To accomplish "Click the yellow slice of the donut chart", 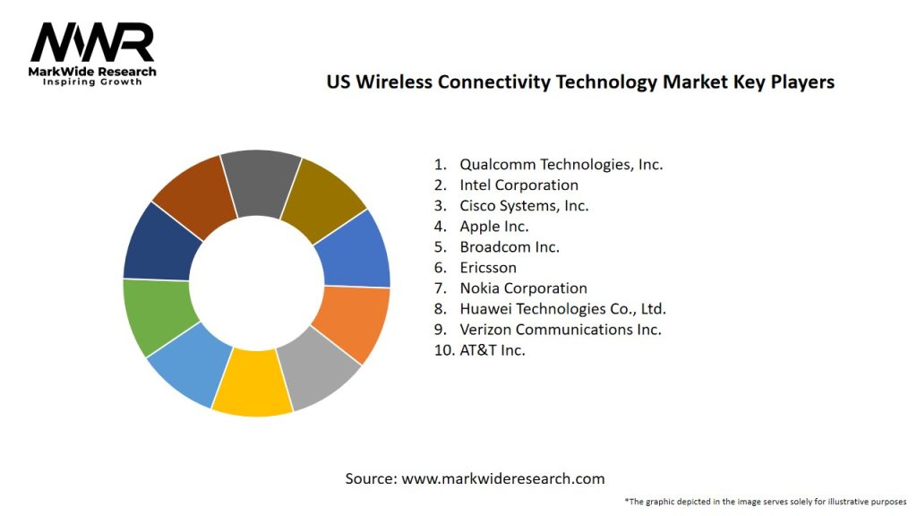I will tap(252, 383).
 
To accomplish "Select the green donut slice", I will tap(156, 316).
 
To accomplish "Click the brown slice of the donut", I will tap(195, 195).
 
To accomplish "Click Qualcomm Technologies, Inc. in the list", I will tap(561, 165).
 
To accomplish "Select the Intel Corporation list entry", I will tap(518, 185).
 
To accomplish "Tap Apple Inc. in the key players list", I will tap(493, 227).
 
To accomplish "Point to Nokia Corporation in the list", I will tap(523, 288).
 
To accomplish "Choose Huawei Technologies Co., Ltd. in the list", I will tap(562, 309).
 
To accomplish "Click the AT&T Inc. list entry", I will tap(492, 350).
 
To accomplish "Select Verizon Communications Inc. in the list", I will tap(560, 330).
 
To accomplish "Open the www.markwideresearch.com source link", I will tap(502, 479).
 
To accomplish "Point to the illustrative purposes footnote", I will tap(766, 502).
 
